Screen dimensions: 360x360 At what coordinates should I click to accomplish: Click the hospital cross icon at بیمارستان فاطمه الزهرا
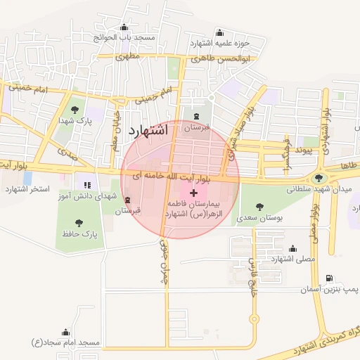pyautogui.click(x=194, y=192)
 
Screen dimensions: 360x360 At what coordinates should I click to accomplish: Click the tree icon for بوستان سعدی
pyautogui.click(x=259, y=207)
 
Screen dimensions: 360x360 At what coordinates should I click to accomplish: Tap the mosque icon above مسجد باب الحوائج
pyautogui.click(x=124, y=28)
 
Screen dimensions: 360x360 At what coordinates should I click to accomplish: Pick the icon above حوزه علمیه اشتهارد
pyautogui.click(x=219, y=32)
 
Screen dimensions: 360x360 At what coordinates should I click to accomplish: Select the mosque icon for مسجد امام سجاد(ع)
pyautogui.click(x=66, y=331)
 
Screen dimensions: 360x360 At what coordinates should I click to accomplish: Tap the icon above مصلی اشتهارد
pyautogui.click(x=292, y=248)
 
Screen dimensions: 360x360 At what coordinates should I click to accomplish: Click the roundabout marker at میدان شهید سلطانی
pyautogui.click(x=320, y=179)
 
